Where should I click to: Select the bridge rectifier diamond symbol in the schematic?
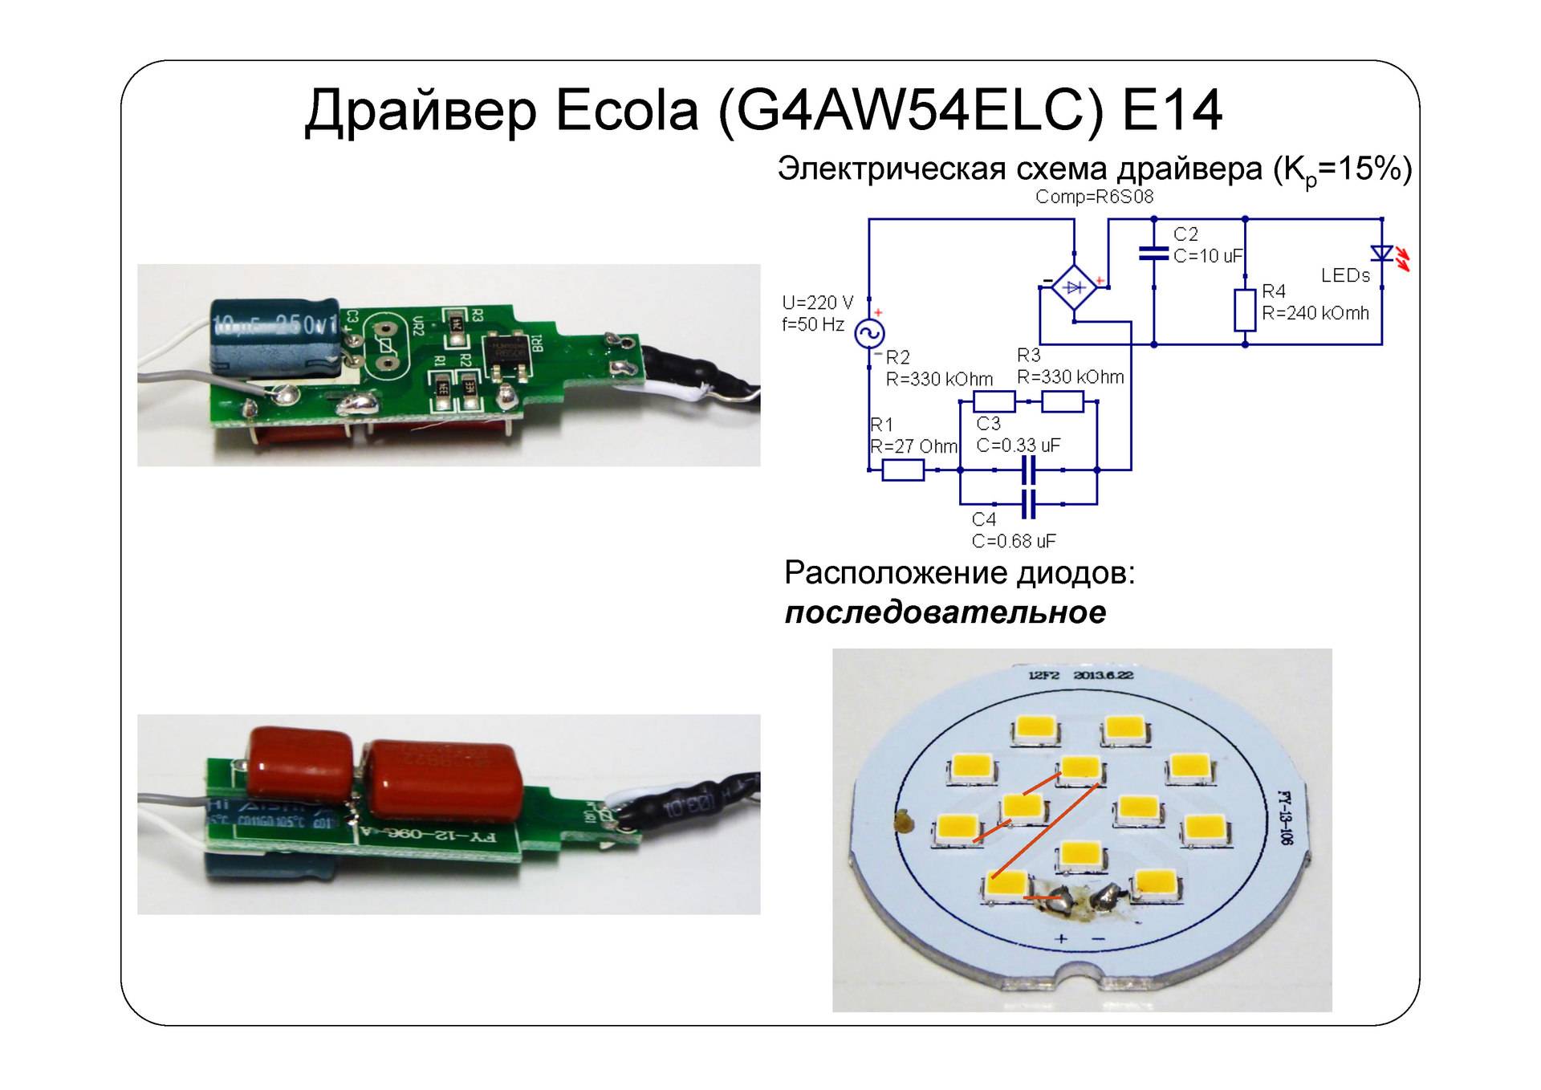tap(1074, 287)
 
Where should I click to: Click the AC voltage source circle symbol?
tap(868, 333)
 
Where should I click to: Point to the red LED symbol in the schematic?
tap(1382, 254)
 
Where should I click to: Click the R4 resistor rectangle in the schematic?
tap(1245, 311)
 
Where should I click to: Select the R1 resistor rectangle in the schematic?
tap(903, 470)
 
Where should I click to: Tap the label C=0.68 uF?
tap(1014, 541)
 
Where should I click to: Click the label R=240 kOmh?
tap(1315, 313)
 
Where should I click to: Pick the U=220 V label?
tap(818, 303)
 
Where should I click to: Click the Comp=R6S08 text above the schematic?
tap(1094, 197)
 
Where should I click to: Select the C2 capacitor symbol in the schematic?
tap(1153, 254)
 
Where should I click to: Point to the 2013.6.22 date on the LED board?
tap(1104, 675)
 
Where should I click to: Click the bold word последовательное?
tap(945, 612)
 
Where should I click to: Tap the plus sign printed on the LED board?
tap(1061, 937)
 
